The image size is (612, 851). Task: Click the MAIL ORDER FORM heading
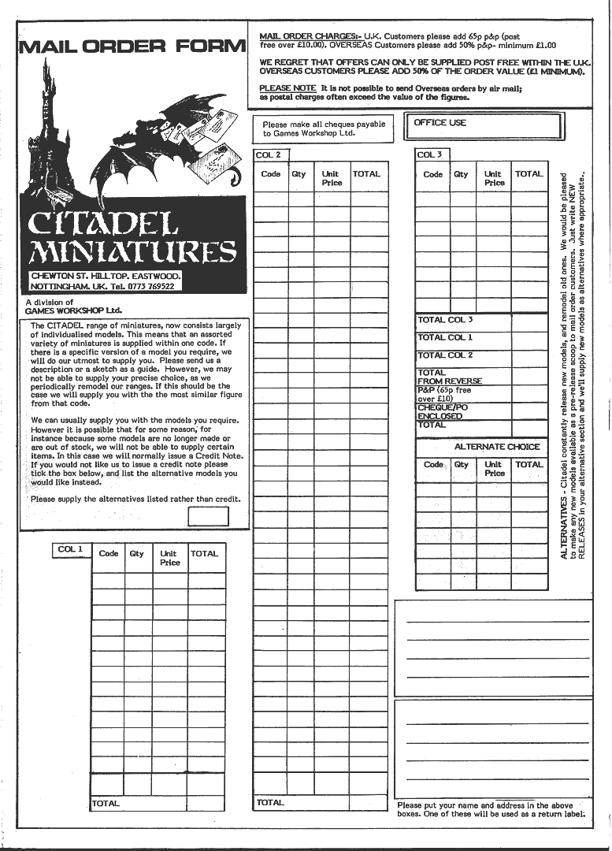[x=132, y=46]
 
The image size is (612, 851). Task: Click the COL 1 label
[x=70, y=549]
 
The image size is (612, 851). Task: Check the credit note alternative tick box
[x=209, y=517]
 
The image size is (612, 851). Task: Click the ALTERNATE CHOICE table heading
[x=496, y=447]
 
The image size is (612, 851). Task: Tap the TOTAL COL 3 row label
[x=445, y=320]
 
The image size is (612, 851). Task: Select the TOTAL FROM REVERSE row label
[x=449, y=377]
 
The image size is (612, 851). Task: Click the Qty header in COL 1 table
[x=137, y=554]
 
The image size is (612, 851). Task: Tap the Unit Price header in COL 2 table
[x=332, y=178]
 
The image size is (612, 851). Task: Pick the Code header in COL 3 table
[x=433, y=174]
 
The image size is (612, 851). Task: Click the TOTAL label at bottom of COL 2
[x=270, y=802]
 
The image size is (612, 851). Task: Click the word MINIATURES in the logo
[x=132, y=252]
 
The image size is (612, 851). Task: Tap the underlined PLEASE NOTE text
[x=287, y=87]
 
